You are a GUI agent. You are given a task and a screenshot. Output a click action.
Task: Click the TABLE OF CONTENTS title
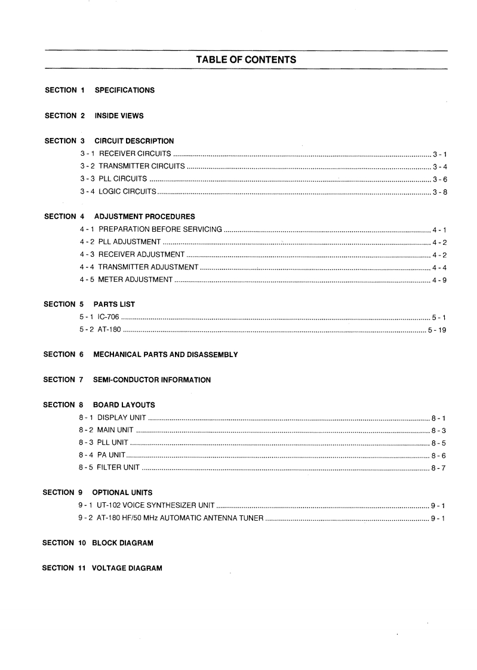pyautogui.click(x=246, y=60)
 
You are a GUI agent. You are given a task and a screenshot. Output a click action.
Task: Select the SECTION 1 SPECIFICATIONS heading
pyautogui.click(x=100, y=90)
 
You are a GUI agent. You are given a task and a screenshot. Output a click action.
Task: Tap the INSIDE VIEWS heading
pyautogui.click(x=119, y=115)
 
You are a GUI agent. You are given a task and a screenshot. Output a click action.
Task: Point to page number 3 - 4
pyautogui.click(x=440, y=167)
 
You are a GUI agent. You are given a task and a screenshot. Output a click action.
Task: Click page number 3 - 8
pyautogui.click(x=440, y=192)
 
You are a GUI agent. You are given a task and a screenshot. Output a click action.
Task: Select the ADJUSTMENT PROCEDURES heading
pyautogui.click(x=144, y=216)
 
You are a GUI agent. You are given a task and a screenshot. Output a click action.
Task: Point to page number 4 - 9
pyautogui.click(x=439, y=279)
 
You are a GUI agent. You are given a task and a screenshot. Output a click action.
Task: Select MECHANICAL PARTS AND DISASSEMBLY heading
pyautogui.click(x=165, y=355)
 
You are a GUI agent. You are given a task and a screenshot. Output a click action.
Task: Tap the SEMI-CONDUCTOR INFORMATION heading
pyautogui.click(x=152, y=380)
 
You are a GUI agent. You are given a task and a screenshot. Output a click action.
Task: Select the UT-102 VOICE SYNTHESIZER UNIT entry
pyautogui.click(x=146, y=505)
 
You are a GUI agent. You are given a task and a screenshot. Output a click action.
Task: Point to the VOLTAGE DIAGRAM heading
pyautogui.click(x=127, y=568)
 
